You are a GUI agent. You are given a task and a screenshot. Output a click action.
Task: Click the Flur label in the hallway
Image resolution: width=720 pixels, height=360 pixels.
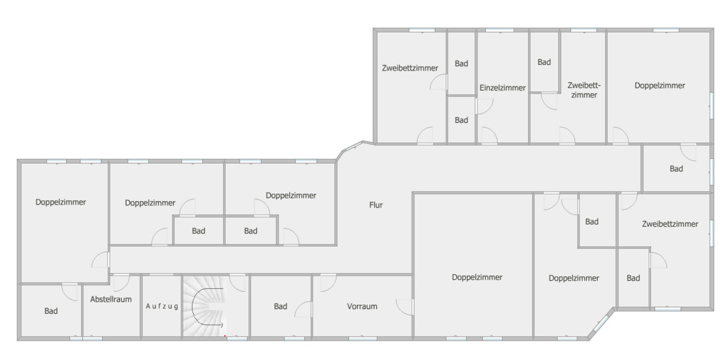click(x=376, y=205)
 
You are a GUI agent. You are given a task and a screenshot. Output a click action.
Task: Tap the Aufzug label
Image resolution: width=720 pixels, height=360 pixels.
click(x=162, y=307)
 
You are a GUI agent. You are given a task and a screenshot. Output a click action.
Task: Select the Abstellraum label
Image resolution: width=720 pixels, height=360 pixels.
click(x=111, y=299)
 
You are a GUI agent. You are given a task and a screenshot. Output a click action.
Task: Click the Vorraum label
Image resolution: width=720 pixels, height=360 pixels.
click(x=362, y=307)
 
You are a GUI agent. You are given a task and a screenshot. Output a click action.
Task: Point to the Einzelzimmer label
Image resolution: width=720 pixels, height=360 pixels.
click(x=503, y=88)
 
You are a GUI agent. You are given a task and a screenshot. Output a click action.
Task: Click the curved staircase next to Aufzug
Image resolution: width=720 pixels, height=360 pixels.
click(x=204, y=306)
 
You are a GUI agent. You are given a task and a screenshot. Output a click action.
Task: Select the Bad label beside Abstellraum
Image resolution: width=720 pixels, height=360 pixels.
click(x=51, y=311)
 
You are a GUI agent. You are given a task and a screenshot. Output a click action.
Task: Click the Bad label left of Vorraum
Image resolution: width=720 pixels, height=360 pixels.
click(x=280, y=307)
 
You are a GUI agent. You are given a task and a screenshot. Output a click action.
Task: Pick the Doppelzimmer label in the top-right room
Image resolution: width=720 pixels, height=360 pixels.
click(x=659, y=86)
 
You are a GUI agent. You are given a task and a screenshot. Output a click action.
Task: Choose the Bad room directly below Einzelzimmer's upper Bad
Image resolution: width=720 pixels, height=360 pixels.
click(x=461, y=120)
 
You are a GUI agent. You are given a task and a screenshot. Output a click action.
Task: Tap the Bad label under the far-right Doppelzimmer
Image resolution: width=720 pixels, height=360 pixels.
click(x=676, y=169)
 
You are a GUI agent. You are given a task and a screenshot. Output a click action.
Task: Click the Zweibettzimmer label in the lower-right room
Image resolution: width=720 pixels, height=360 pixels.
click(x=670, y=224)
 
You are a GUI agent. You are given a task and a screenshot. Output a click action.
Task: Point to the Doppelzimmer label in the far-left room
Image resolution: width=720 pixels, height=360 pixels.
click(x=61, y=202)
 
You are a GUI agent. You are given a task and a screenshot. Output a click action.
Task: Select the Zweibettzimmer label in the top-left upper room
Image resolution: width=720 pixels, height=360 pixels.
click(x=410, y=68)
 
